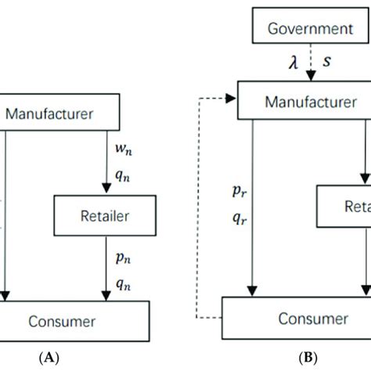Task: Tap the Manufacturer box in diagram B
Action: click(x=304, y=103)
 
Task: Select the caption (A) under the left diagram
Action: click(x=51, y=356)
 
